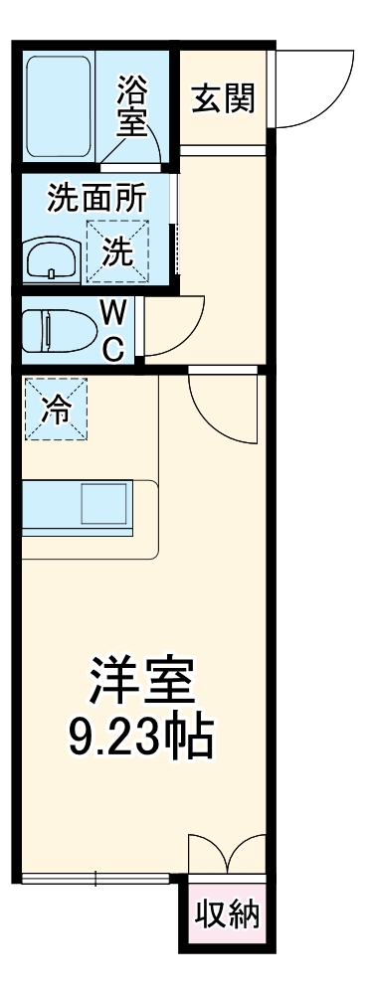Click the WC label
(114, 331)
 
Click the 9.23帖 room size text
(140, 737)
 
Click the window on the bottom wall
(95, 878)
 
